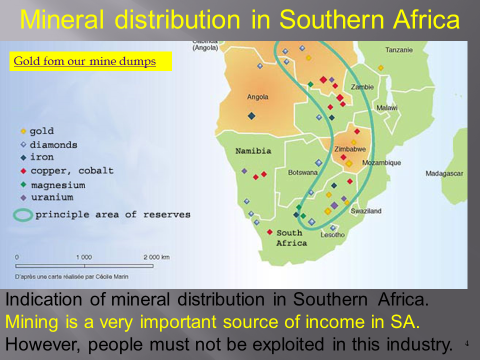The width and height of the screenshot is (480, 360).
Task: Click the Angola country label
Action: click(257, 97)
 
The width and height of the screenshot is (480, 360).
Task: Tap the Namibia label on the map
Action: click(253, 150)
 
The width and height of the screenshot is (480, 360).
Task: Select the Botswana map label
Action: click(303, 172)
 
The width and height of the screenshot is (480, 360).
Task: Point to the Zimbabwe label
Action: click(350, 149)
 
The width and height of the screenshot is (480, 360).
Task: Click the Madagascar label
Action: click(444, 173)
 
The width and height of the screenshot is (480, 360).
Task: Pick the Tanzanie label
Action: click(399, 49)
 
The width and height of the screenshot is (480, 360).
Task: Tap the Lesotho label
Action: click(332, 235)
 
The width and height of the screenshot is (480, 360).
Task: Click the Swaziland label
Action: click(366, 211)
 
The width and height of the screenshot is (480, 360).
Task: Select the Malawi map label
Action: click(387, 108)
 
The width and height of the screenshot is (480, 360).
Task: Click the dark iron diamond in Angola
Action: click(251, 116)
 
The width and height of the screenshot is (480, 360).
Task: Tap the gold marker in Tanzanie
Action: click(380, 67)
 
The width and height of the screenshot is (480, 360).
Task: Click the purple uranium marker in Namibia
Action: click(244, 171)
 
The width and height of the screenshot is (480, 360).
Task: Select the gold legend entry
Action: click(37, 131)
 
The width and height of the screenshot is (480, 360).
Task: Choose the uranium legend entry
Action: click(47, 197)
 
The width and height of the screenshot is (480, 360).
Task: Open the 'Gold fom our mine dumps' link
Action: click(85, 61)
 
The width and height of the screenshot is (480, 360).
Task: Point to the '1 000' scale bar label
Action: click(84, 257)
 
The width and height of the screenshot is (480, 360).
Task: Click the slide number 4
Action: click(466, 343)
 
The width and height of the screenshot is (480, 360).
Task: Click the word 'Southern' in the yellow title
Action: click(332, 19)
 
